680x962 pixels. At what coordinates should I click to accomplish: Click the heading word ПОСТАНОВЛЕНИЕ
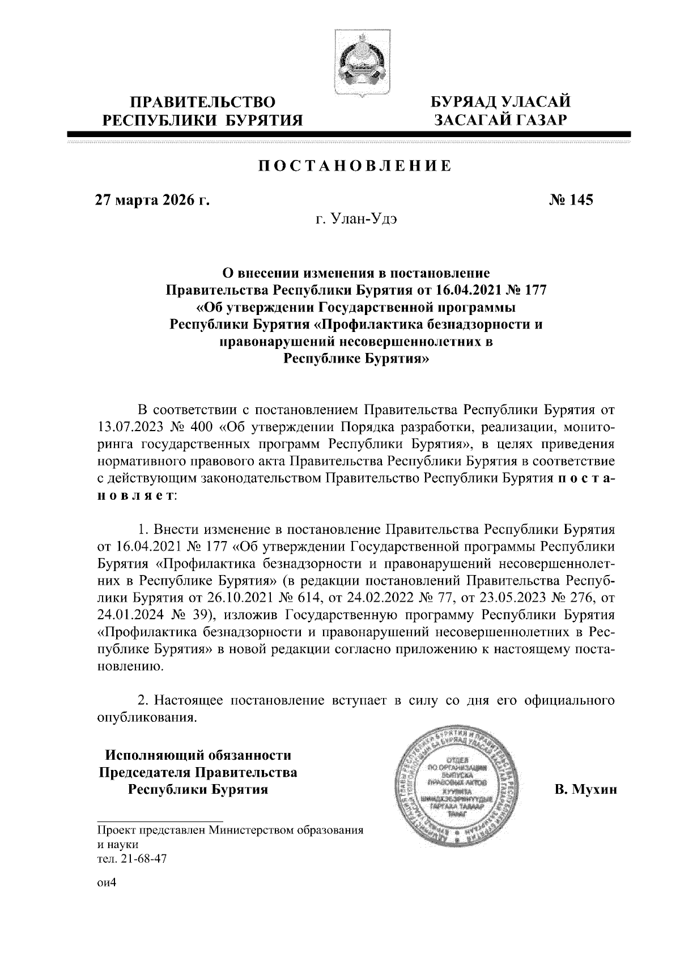point(355,166)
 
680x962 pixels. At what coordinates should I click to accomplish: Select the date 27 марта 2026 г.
point(152,200)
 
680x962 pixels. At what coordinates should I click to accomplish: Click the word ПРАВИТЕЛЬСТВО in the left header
point(203,103)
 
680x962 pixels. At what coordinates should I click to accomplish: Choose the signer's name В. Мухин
point(585,790)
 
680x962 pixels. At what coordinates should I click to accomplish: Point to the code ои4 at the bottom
point(106,883)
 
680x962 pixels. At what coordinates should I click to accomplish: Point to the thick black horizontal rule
point(349,134)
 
